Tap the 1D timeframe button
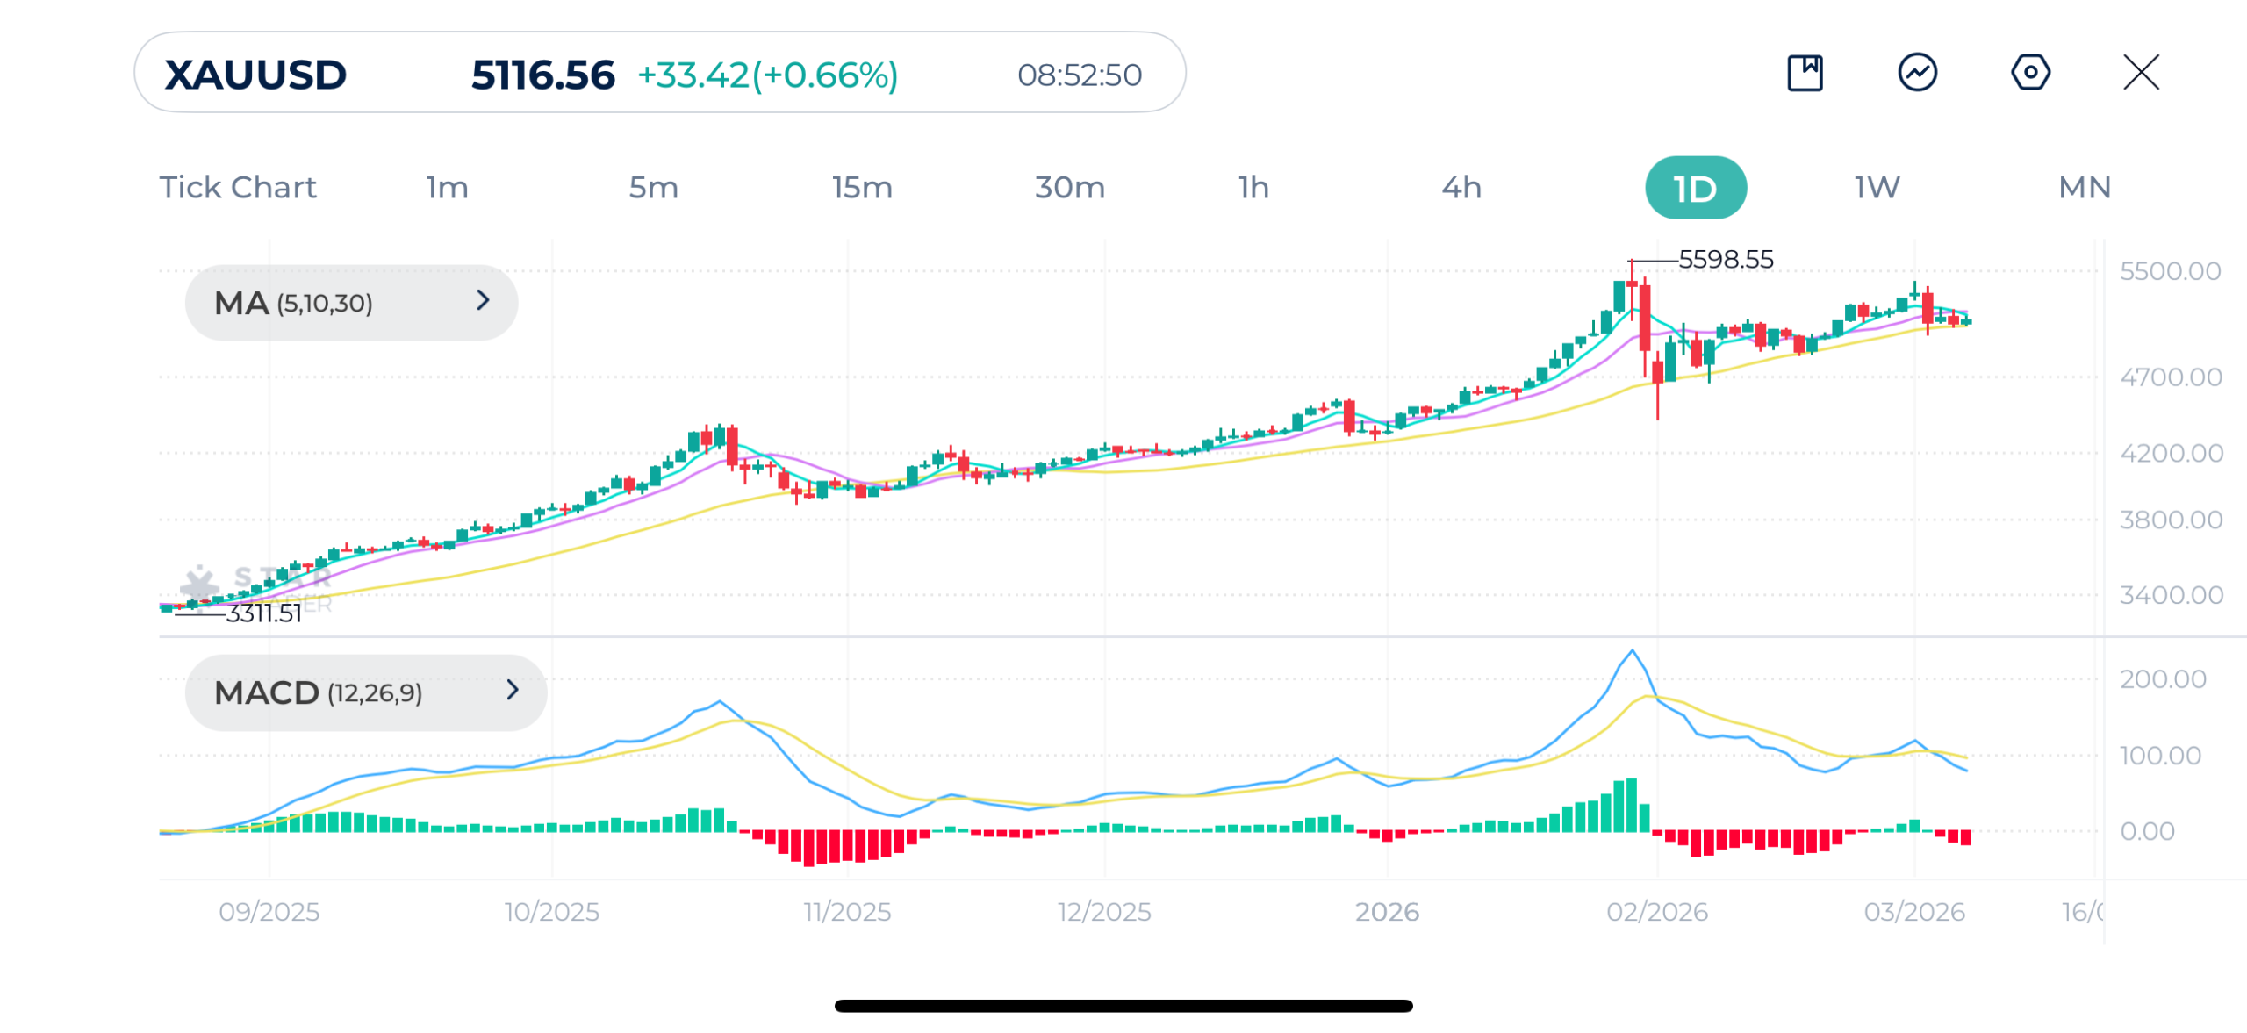point(1694,188)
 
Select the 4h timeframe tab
point(1461,188)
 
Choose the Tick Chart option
point(237,188)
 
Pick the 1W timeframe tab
point(1877,188)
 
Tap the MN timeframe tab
point(2084,188)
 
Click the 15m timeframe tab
point(862,188)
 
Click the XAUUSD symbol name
point(255,75)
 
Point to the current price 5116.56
point(542,75)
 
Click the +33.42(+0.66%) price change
point(767,75)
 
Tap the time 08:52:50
point(1079,75)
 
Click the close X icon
point(2141,72)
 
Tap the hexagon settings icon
point(2029,72)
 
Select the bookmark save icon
point(1805,72)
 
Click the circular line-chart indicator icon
point(1917,72)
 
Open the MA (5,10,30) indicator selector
point(351,303)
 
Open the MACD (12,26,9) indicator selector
point(365,692)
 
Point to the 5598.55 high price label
point(1725,260)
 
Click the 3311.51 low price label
point(263,613)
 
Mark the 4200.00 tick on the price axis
point(2171,454)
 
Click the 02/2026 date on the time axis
point(1656,912)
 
